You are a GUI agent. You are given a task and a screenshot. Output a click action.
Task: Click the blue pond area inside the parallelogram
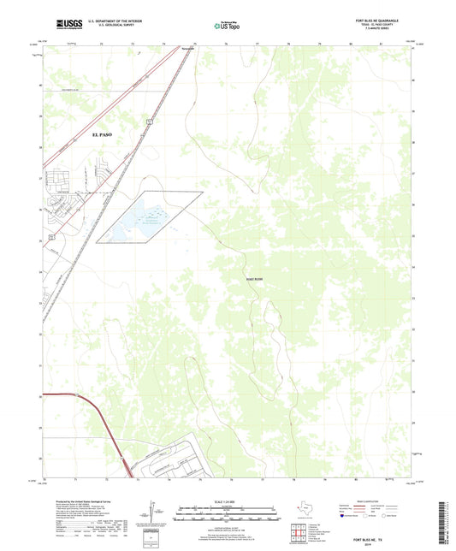145,218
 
